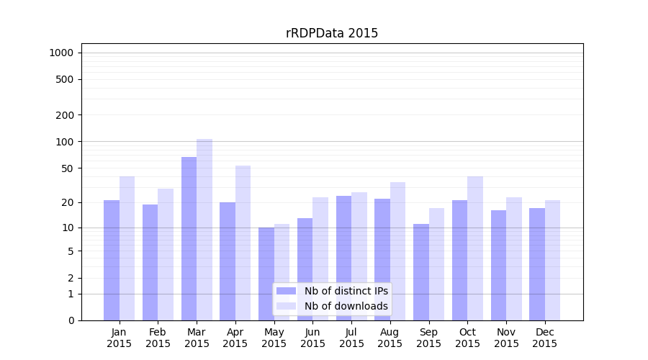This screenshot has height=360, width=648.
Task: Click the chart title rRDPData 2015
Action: (x=332, y=33)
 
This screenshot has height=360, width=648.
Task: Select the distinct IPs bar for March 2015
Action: (x=189, y=238)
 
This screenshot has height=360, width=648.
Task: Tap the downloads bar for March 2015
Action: (x=204, y=230)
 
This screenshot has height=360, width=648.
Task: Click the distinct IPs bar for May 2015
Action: (x=266, y=274)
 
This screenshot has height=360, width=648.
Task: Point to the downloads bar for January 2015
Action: (x=127, y=248)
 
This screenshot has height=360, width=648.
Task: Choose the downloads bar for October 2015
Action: (x=475, y=248)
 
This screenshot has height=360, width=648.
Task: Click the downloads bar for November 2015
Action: (x=514, y=258)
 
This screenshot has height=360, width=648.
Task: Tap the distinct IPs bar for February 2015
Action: (x=150, y=262)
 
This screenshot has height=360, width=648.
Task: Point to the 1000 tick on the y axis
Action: (x=61, y=53)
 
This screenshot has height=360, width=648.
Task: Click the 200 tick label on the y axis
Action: (x=65, y=115)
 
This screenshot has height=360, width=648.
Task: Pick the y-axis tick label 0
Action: (x=71, y=320)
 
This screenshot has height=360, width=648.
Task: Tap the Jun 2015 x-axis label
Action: (x=312, y=338)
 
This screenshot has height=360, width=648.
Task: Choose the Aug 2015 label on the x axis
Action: (x=390, y=338)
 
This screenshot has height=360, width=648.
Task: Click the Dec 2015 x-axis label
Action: (x=544, y=338)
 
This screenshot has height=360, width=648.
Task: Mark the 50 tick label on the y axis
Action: (x=68, y=168)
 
